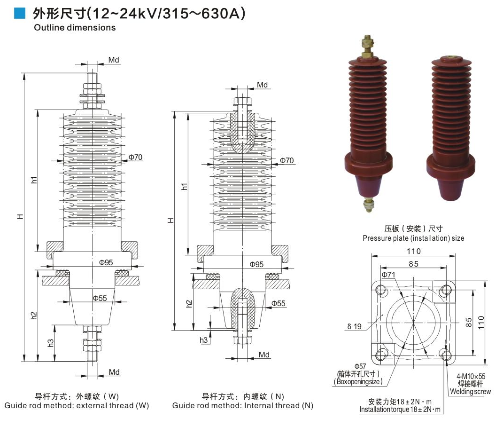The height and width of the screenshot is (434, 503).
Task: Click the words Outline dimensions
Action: coord(75,27)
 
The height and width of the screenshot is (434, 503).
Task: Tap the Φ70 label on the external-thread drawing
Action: coord(136,157)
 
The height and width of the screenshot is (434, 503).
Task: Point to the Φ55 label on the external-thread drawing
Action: coord(100,298)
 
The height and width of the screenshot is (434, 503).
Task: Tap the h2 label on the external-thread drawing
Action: coord(34,316)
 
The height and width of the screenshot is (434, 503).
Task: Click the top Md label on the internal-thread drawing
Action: coord(262,85)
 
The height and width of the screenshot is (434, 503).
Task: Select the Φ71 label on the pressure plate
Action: coord(387,274)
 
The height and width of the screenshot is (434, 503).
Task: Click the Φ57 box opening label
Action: coord(360,366)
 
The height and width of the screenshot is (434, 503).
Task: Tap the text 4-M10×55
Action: coord(471,377)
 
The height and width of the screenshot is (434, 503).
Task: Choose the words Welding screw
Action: coord(470,391)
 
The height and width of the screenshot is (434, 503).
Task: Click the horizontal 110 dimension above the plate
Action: coord(413,252)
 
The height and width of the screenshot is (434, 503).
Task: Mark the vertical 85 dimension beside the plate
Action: coord(469,322)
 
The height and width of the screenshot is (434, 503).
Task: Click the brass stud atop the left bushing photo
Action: coord(367,46)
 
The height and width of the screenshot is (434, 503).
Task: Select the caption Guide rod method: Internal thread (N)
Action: coord(242,405)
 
